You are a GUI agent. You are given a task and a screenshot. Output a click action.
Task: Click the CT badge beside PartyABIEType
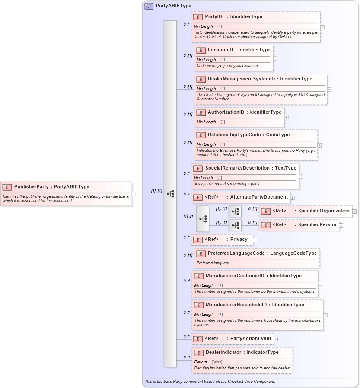tap(149, 6)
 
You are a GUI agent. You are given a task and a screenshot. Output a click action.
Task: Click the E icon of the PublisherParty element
tap(7, 187)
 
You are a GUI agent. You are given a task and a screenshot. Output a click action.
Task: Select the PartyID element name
tap(213, 17)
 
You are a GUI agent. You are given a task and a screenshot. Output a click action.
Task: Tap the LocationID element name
tap(220, 50)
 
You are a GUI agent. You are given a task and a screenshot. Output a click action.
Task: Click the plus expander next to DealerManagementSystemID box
tap(329, 90)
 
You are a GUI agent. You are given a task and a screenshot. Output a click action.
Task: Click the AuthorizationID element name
tap(226, 112)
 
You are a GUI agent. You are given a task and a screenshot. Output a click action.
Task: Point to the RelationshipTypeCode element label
tap(234, 135)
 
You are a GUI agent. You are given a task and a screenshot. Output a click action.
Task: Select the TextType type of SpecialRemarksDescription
tap(286, 168)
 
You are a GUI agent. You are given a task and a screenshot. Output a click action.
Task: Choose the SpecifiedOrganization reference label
tap(323, 211)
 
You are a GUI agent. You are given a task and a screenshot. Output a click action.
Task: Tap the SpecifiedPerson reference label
tap(317, 225)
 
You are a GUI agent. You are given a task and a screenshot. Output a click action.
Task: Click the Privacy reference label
tap(239, 240)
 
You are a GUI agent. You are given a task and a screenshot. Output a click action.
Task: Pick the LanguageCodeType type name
tap(293, 253)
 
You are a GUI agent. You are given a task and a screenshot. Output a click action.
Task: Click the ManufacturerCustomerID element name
tap(235, 276)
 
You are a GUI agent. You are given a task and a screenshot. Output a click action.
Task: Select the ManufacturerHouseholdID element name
tap(236, 305)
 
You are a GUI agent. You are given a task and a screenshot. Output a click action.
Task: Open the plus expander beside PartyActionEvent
tap(276, 339)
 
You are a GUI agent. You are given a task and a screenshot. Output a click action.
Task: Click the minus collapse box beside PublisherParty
tap(134, 194)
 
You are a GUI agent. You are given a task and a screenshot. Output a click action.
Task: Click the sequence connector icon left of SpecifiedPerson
tap(235, 225)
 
